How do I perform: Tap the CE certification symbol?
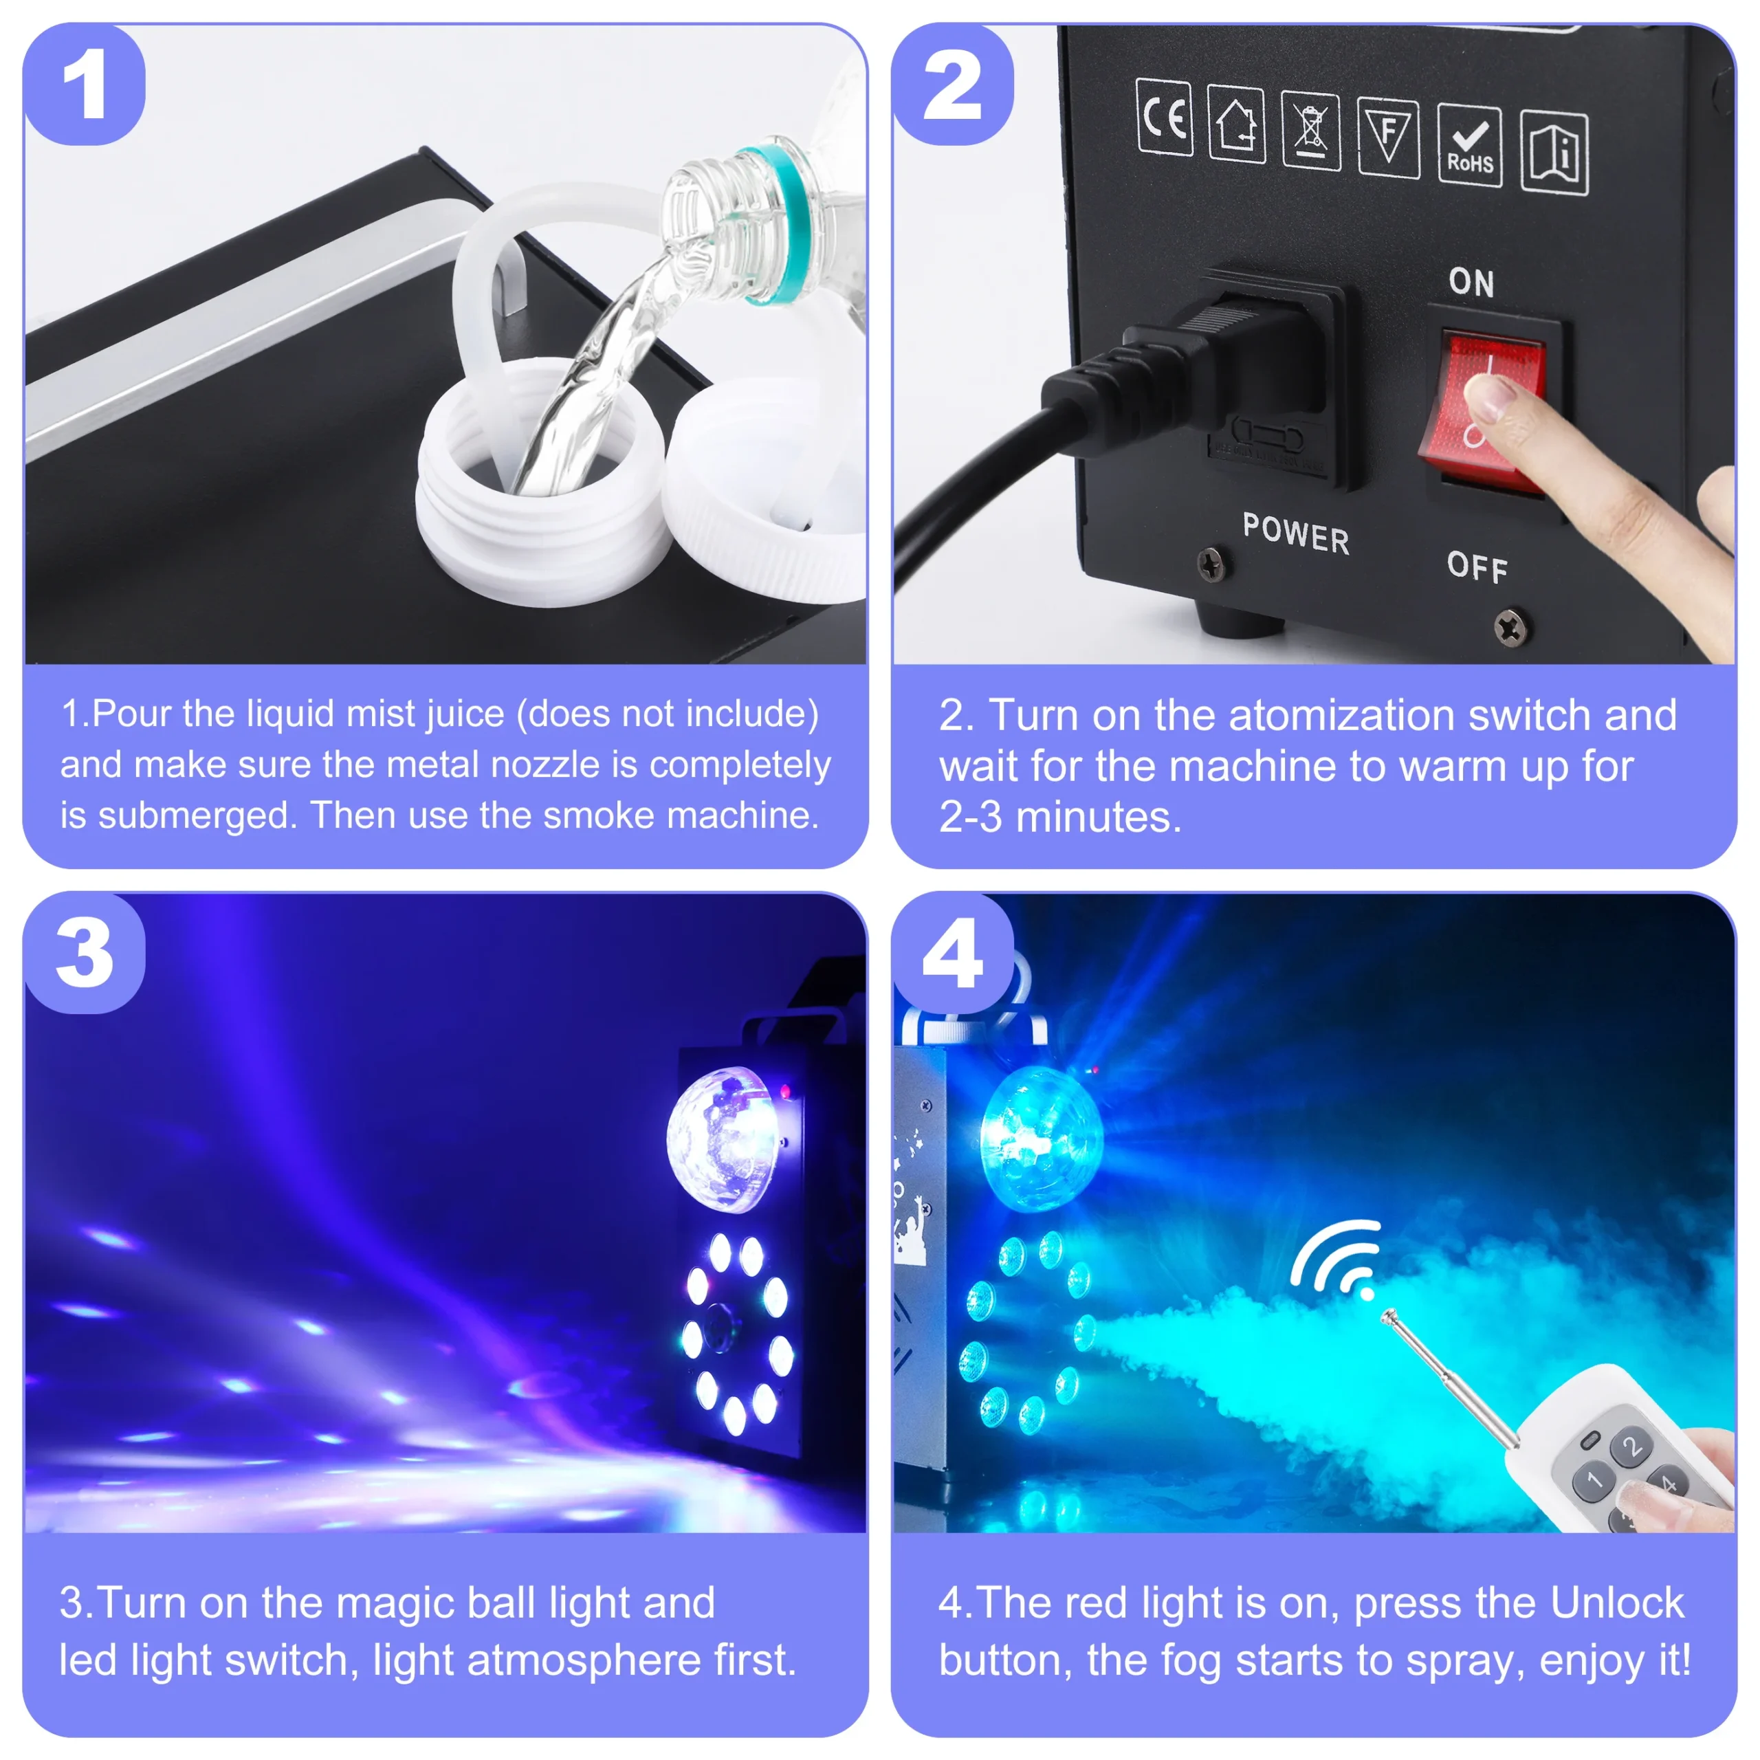click(x=1164, y=118)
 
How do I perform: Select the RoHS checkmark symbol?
click(x=1469, y=146)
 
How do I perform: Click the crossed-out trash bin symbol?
click(x=1311, y=130)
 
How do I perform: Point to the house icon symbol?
click(x=1236, y=124)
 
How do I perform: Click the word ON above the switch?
click(x=1471, y=283)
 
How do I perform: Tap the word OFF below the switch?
click(x=1477, y=568)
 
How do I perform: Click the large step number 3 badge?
click(x=84, y=953)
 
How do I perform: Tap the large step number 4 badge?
click(x=953, y=953)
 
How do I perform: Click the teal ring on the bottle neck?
click(x=784, y=223)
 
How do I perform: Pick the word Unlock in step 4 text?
click(x=1616, y=1603)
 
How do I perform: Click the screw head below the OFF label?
click(x=1511, y=628)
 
